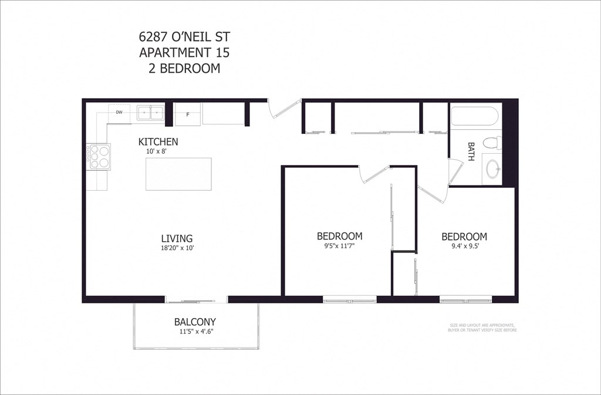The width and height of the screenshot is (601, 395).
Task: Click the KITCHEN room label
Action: click(158, 142)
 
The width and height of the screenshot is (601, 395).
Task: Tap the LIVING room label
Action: click(177, 238)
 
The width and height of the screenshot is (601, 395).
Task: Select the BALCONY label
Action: click(195, 322)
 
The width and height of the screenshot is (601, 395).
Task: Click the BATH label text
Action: click(471, 151)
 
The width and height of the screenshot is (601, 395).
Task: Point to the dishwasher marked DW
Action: click(119, 112)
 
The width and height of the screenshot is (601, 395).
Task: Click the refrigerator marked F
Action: click(188, 114)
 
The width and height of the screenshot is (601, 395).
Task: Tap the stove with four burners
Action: click(99, 157)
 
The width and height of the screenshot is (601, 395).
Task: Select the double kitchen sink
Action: click(150, 112)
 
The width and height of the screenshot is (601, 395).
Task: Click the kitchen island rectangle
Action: click(178, 174)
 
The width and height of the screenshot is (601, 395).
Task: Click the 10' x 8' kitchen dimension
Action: click(158, 151)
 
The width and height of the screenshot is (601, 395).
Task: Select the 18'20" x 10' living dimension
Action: click(177, 248)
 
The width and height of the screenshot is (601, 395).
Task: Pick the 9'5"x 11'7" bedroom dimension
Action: click(339, 247)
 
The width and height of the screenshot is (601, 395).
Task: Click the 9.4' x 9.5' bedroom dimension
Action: click(464, 247)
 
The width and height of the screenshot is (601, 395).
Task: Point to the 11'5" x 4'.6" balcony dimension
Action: click(195, 332)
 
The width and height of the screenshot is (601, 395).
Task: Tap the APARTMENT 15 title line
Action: click(184, 52)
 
